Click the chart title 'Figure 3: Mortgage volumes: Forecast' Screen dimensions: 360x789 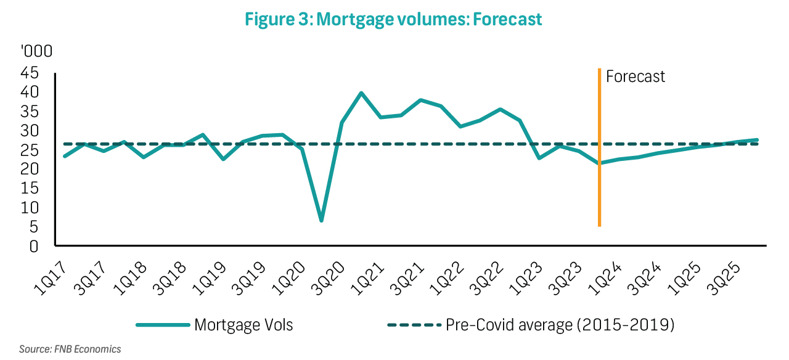pyautogui.click(x=393, y=19)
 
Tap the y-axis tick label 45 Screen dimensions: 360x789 pyautogui.click(x=29, y=73)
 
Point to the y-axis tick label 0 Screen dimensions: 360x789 pyautogui.click(x=34, y=247)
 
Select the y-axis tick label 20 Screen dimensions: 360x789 pyautogui.click(x=29, y=170)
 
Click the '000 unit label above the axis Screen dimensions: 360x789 pyautogui.click(x=29, y=51)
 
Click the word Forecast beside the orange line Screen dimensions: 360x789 pyautogui.click(x=636, y=76)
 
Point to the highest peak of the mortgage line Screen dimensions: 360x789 pyautogui.click(x=361, y=93)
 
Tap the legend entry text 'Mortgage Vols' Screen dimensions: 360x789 pyautogui.click(x=243, y=325)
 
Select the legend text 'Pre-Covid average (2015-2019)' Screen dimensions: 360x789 pyautogui.click(x=560, y=325)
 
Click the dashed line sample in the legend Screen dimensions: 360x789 pyautogui.click(x=414, y=325)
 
